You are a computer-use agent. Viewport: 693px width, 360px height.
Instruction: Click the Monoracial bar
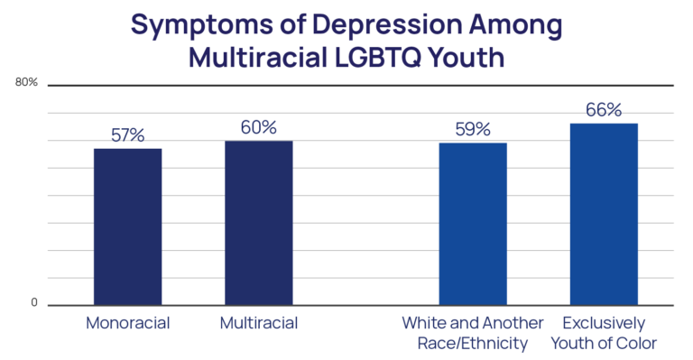(127, 226)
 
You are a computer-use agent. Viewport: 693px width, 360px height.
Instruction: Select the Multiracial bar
(259, 222)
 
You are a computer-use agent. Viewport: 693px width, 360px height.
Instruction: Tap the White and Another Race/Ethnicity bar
(473, 223)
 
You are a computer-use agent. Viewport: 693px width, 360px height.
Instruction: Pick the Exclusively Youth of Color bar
(605, 214)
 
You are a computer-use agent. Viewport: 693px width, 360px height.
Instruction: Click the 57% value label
(128, 135)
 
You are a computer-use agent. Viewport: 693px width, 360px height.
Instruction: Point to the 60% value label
(259, 127)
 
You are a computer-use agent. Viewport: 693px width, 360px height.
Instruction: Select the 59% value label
(473, 129)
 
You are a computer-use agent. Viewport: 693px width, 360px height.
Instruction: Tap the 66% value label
(605, 110)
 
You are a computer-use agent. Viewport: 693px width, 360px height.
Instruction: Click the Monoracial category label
(128, 322)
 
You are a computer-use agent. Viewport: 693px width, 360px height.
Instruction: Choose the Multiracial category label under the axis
(259, 322)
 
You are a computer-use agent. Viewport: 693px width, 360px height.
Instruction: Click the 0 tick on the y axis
(34, 304)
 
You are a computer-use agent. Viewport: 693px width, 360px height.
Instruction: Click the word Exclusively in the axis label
(605, 322)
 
